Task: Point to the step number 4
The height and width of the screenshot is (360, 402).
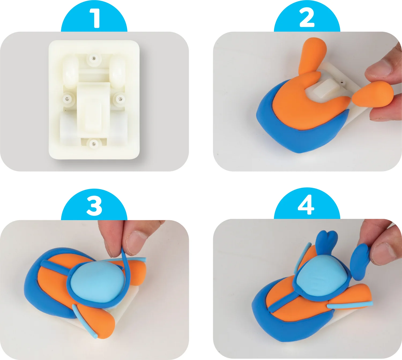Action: (306, 205)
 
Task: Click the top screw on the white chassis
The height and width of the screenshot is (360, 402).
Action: (94, 58)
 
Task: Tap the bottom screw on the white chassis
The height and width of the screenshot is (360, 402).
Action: (94, 144)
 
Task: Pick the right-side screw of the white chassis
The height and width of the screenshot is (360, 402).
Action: (120, 99)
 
